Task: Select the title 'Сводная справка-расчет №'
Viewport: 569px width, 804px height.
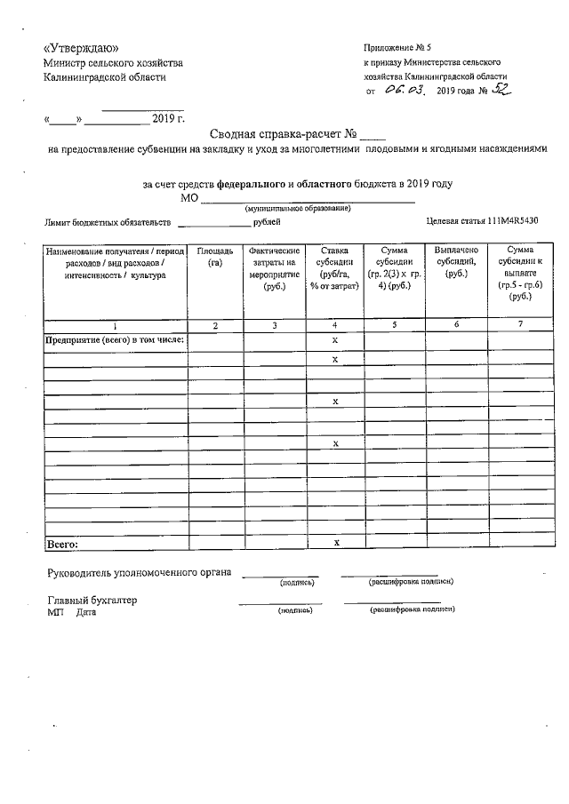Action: tap(283, 135)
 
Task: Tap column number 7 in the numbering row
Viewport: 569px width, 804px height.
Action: tap(520, 325)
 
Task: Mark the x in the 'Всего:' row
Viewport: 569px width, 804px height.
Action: tap(335, 542)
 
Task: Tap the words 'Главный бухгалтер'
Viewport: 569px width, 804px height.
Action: tap(92, 601)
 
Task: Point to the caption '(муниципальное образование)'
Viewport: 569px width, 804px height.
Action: tap(297, 208)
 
